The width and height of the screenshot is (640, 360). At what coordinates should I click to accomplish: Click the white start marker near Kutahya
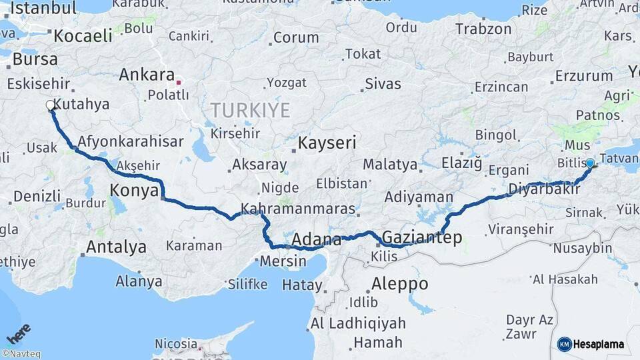pyautogui.click(x=51, y=105)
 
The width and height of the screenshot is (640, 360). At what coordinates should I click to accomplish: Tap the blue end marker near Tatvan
pyautogui.click(x=589, y=163)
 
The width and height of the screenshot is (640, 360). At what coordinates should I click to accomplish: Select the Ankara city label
pyautogui.click(x=146, y=75)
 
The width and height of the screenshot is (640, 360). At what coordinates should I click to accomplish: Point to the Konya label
pyautogui.click(x=133, y=192)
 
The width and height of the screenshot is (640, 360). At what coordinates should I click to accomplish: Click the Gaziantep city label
pyautogui.click(x=421, y=238)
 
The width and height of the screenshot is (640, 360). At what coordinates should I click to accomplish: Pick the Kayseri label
pyautogui.click(x=327, y=143)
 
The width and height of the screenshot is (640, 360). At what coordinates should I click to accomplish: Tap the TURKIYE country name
pyautogui.click(x=250, y=110)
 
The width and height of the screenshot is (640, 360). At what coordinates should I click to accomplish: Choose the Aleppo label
pyautogui.click(x=400, y=283)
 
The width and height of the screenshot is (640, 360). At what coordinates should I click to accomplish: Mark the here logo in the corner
pyautogui.click(x=19, y=333)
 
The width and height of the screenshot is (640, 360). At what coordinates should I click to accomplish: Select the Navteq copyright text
pyautogui.click(x=21, y=354)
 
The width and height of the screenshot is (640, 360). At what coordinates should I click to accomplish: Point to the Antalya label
pyautogui.click(x=116, y=247)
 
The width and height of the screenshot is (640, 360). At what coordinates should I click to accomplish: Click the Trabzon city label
pyautogui.click(x=483, y=29)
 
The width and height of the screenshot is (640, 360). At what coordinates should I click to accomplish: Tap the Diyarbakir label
pyautogui.click(x=541, y=189)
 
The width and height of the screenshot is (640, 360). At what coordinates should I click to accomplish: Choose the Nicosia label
pyautogui.click(x=176, y=344)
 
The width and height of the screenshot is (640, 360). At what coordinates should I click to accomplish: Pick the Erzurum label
pyautogui.click(x=584, y=76)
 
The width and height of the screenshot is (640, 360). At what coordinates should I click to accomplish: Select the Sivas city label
pyautogui.click(x=383, y=84)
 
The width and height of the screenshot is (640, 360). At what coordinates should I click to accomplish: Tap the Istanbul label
pyautogui.click(x=44, y=9)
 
